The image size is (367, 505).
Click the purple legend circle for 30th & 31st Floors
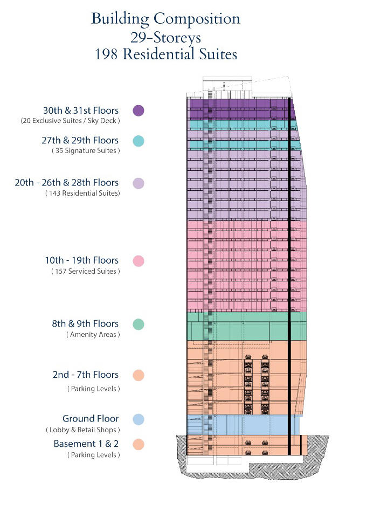[x=139, y=110]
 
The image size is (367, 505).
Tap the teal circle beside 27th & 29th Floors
[x=139, y=141]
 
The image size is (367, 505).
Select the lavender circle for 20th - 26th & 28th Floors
[x=139, y=183]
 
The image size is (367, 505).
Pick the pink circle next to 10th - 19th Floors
[x=139, y=261]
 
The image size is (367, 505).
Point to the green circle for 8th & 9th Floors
[x=139, y=324]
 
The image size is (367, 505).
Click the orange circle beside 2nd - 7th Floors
[x=139, y=375]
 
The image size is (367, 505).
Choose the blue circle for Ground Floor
[x=139, y=419]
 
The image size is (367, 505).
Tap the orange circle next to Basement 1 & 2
[x=139, y=445]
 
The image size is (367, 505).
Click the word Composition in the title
[x=197, y=19]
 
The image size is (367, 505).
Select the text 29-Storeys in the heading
[x=165, y=37]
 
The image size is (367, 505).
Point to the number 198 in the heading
[x=106, y=54]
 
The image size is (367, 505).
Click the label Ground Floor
[x=91, y=419]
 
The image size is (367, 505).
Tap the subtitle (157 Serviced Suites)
[x=86, y=271]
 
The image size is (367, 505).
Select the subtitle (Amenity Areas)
[x=93, y=335]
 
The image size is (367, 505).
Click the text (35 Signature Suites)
[x=86, y=151]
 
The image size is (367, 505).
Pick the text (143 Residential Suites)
[x=83, y=193]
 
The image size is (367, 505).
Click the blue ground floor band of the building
[x=243, y=425]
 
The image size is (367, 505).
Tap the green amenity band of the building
[x=246, y=326]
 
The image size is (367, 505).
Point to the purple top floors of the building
[x=241, y=109]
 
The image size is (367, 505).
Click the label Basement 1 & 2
[x=86, y=444]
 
